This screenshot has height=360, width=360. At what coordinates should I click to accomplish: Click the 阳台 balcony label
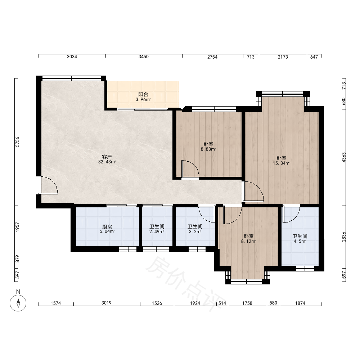coord(143,94)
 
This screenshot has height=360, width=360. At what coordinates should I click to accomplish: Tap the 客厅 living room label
coord(107,157)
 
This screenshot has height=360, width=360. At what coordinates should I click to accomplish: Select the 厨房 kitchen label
coord(107,226)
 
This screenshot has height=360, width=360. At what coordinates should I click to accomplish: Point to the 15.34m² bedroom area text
coord(282,163)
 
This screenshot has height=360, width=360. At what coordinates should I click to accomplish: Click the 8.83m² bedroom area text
coord(208,149)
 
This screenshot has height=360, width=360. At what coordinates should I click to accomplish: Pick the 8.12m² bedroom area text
coord(249,242)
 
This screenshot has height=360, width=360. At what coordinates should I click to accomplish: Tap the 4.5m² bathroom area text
coord(300,242)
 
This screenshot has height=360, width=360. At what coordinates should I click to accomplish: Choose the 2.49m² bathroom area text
coord(157,231)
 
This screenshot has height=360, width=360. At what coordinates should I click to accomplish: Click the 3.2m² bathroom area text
coord(195,231)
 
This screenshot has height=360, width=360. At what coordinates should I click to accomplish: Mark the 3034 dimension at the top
coord(72,57)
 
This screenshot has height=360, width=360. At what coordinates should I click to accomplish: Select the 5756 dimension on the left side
coord(17,142)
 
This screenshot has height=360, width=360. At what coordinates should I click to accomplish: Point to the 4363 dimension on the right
coord(344,158)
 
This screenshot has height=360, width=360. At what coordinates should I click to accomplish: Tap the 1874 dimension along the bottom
coord(300,303)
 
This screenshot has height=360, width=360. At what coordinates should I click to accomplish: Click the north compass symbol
coord(18,303)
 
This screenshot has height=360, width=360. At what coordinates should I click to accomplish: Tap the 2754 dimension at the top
coord(212,57)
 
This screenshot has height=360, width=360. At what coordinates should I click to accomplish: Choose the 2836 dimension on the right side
coord(344,237)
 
